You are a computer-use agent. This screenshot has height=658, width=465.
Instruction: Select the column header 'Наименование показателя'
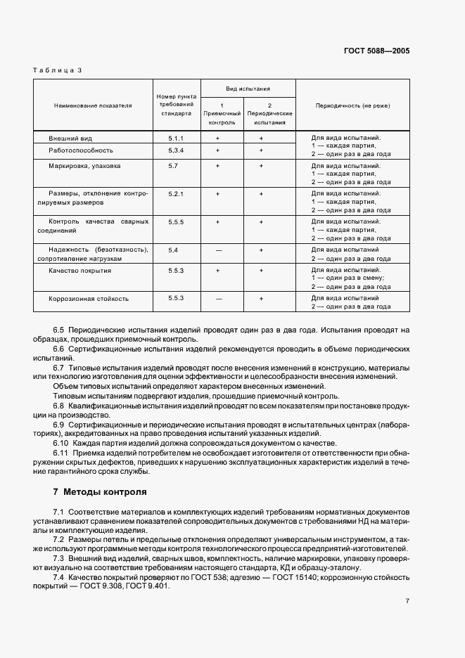93,105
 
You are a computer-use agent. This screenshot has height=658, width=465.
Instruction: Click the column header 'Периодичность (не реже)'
352,105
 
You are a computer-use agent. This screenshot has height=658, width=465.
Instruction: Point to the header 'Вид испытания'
248,90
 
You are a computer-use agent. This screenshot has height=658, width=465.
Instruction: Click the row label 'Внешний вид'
70,138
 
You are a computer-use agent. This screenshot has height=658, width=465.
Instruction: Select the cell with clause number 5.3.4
176,150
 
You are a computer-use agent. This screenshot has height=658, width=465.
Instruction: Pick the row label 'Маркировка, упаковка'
84,166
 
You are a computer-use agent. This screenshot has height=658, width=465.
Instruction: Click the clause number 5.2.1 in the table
176,193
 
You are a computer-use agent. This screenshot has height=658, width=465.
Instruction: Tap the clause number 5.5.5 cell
176,221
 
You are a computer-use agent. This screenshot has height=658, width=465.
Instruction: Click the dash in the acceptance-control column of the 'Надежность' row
219,250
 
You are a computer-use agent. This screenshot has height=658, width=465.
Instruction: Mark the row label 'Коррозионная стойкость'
89,298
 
